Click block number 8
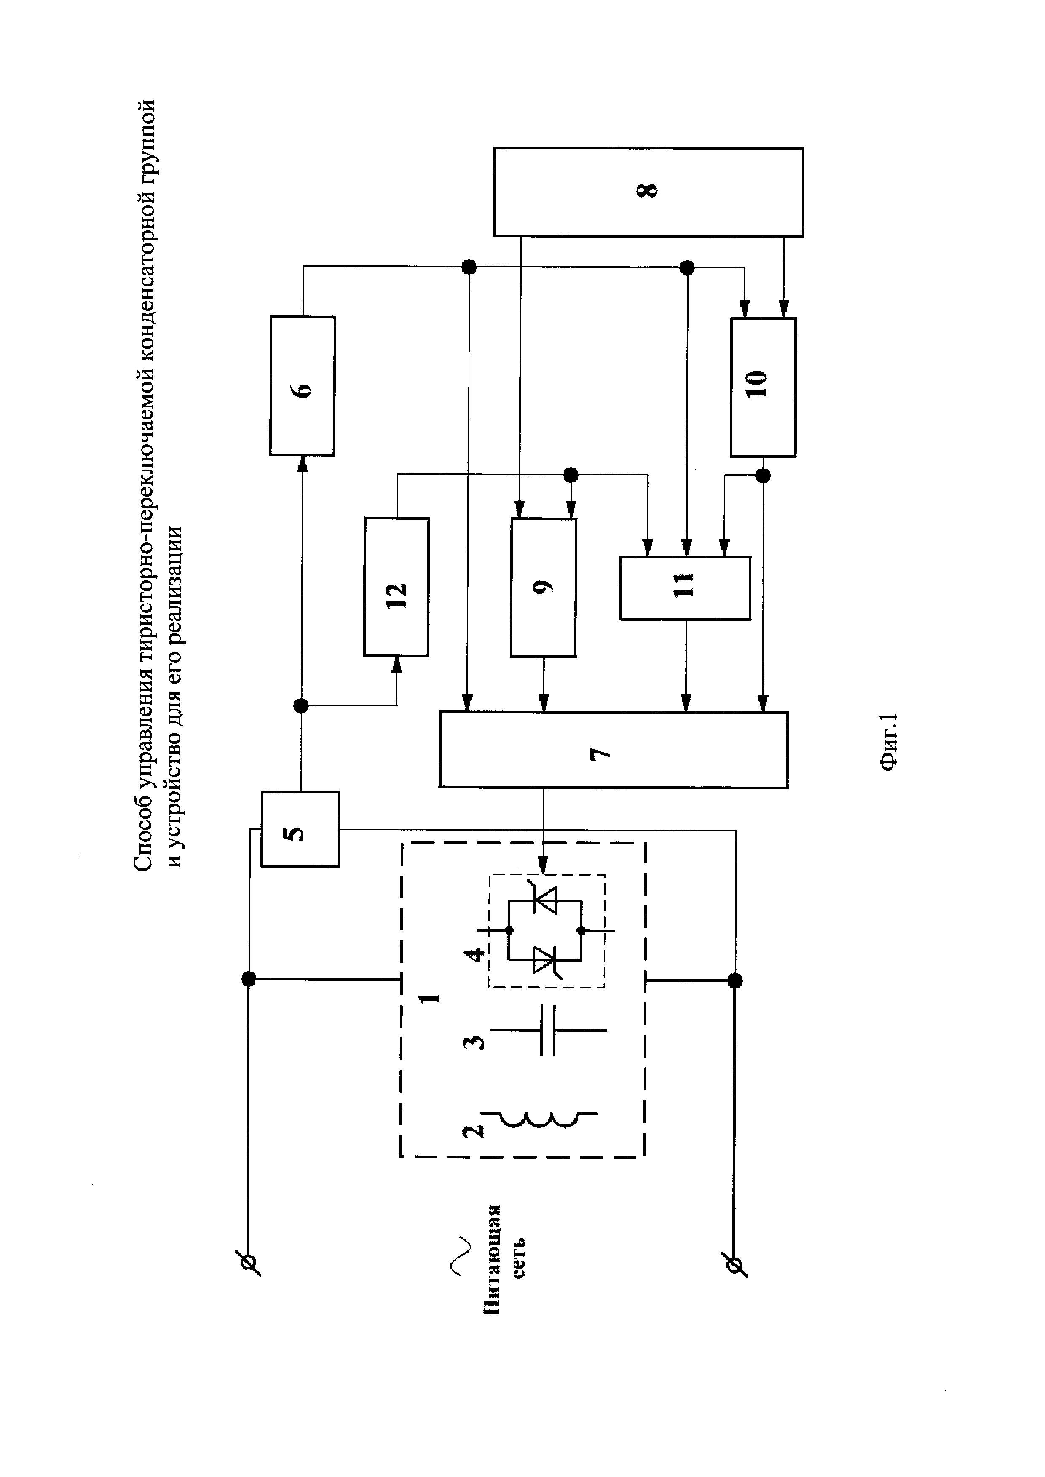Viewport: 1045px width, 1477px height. coord(648,192)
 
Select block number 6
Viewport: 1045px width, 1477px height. coord(303,386)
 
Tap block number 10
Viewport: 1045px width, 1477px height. coord(763,387)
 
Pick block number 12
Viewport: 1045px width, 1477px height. coord(397,587)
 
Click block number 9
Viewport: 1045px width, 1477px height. coord(543,587)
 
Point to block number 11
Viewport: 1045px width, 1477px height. coord(685,588)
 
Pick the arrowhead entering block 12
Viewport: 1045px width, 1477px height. coord(397,664)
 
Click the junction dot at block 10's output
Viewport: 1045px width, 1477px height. coord(763,475)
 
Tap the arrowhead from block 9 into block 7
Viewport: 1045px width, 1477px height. coord(544,706)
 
